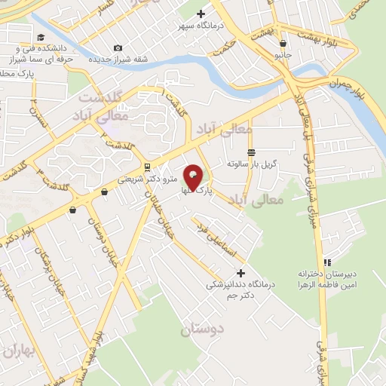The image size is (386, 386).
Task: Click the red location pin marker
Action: click(x=194, y=179)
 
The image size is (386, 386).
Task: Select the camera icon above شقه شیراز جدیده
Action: click(x=118, y=48)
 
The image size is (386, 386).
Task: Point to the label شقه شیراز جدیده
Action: click(x=117, y=60)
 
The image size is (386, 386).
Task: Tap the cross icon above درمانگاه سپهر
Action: click(x=201, y=13)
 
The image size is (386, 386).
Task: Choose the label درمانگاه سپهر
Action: click(x=201, y=25)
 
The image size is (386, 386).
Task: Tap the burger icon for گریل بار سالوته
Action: click(x=251, y=151)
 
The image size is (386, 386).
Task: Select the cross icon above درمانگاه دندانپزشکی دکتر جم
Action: click(x=240, y=272)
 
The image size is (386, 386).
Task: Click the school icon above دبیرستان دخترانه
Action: click(x=326, y=262)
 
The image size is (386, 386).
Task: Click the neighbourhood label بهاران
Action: click(x=19, y=351)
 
